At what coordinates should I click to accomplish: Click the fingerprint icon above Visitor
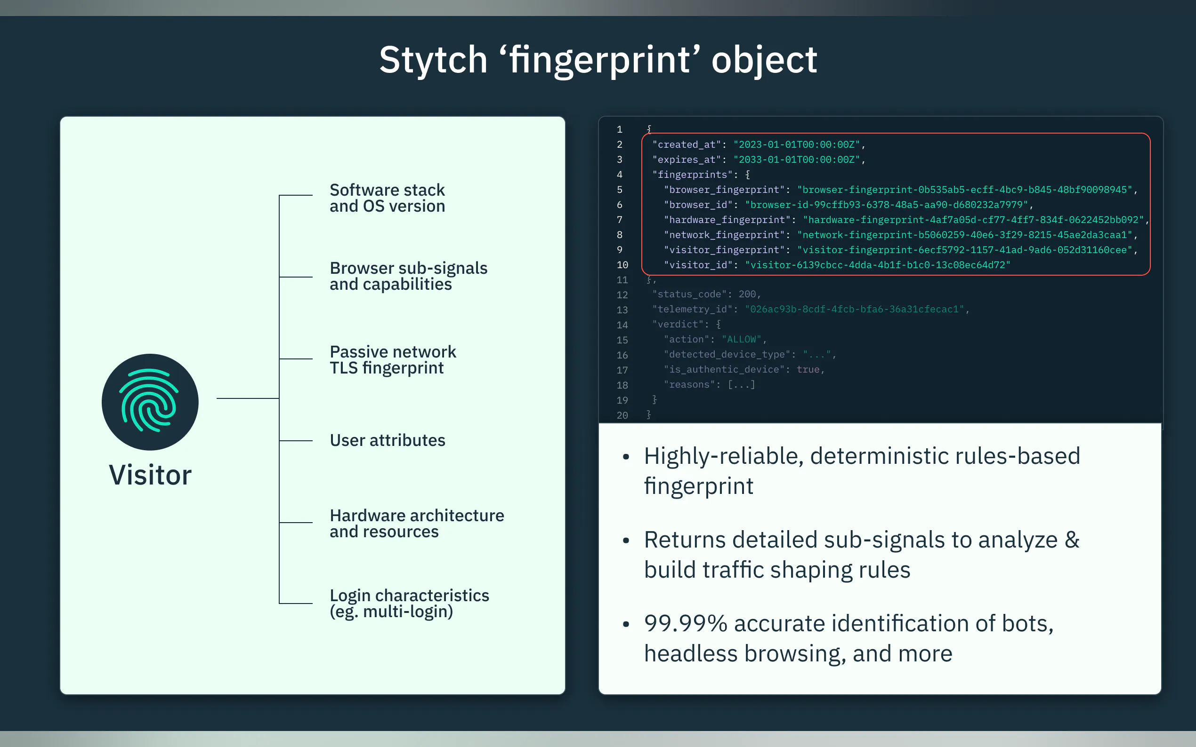pyautogui.click(x=150, y=402)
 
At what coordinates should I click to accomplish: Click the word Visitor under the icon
pyautogui.click(x=150, y=475)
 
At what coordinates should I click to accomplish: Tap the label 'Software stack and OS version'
pyautogui.click(x=387, y=198)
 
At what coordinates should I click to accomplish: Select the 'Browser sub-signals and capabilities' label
pyautogui.click(x=408, y=276)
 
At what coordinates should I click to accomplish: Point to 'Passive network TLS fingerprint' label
pyautogui.click(x=393, y=360)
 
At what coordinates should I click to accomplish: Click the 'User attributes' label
pyautogui.click(x=387, y=440)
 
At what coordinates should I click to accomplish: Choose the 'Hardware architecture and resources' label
pyautogui.click(x=416, y=523)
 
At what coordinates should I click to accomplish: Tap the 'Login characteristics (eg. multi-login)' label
pyautogui.click(x=409, y=603)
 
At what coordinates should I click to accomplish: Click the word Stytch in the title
pyautogui.click(x=433, y=60)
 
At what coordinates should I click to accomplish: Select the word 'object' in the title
pyautogui.click(x=764, y=60)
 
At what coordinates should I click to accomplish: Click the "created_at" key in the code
pyautogui.click(x=686, y=145)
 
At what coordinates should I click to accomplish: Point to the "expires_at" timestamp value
pyautogui.click(x=797, y=159)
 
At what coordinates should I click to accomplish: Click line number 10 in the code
pyautogui.click(x=622, y=265)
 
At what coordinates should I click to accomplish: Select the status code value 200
pyautogui.click(x=747, y=294)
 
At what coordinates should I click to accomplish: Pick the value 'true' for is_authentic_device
pyautogui.click(x=808, y=370)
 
